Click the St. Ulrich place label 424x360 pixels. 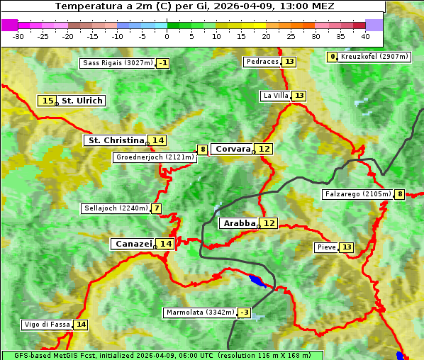click(x=82, y=101)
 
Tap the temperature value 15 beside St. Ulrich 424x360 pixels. click(x=48, y=101)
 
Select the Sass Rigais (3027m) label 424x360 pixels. click(x=118, y=63)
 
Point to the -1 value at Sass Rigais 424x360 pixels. click(x=164, y=63)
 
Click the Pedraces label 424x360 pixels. click(x=262, y=62)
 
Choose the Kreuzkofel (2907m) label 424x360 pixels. click(x=374, y=57)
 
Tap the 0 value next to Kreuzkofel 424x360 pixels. click(x=333, y=57)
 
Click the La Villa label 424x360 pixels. click(x=276, y=96)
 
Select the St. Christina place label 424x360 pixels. click(x=116, y=140)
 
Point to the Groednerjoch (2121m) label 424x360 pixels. click(x=155, y=157)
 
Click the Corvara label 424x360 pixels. click(x=233, y=149)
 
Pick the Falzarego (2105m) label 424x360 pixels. click(x=357, y=194)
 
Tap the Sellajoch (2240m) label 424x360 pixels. click(x=116, y=208)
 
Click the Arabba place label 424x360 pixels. click(x=239, y=223)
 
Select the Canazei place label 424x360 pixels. click(x=133, y=244)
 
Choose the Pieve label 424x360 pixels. click(x=326, y=247)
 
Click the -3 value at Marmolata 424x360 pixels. click(x=245, y=313)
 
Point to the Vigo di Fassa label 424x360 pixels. click(x=48, y=325)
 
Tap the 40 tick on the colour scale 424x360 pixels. click(x=365, y=35)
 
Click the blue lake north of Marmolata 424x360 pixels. click(x=257, y=281)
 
